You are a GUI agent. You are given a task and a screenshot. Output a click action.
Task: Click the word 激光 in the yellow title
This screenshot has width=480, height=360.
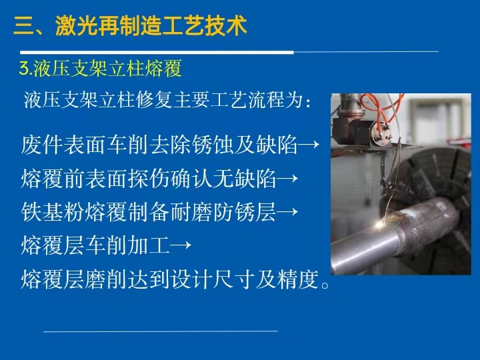pos(77,25)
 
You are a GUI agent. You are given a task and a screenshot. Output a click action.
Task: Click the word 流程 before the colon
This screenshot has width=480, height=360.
pos(266,99)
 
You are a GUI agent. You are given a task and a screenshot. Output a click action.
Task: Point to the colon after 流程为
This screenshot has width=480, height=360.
pos(308,102)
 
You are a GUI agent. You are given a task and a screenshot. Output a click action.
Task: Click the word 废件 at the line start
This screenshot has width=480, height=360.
pos(41,145)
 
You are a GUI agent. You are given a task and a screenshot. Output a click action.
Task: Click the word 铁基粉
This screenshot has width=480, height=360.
pos(53,212)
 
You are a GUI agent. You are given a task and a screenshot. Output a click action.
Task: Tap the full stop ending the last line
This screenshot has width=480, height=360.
pos(325,285)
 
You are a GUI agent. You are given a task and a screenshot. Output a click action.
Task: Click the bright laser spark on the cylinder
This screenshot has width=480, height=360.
pos(380,225)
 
